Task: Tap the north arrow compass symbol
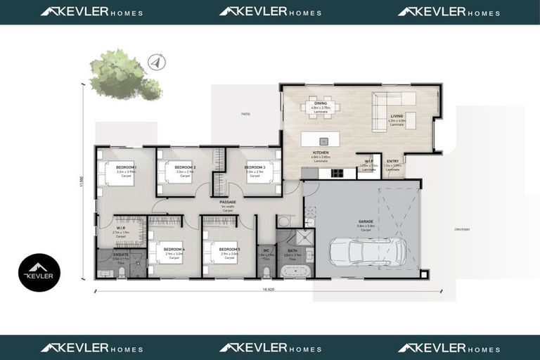click(x=157, y=63)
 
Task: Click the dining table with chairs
click(x=320, y=108)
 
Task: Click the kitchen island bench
click(x=319, y=139)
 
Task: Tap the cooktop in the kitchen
click(x=336, y=173)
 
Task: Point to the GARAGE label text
click(x=365, y=221)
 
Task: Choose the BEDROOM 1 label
click(x=126, y=167)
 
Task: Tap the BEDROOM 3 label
click(x=255, y=167)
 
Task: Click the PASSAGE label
click(x=227, y=202)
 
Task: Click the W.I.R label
click(x=121, y=228)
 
